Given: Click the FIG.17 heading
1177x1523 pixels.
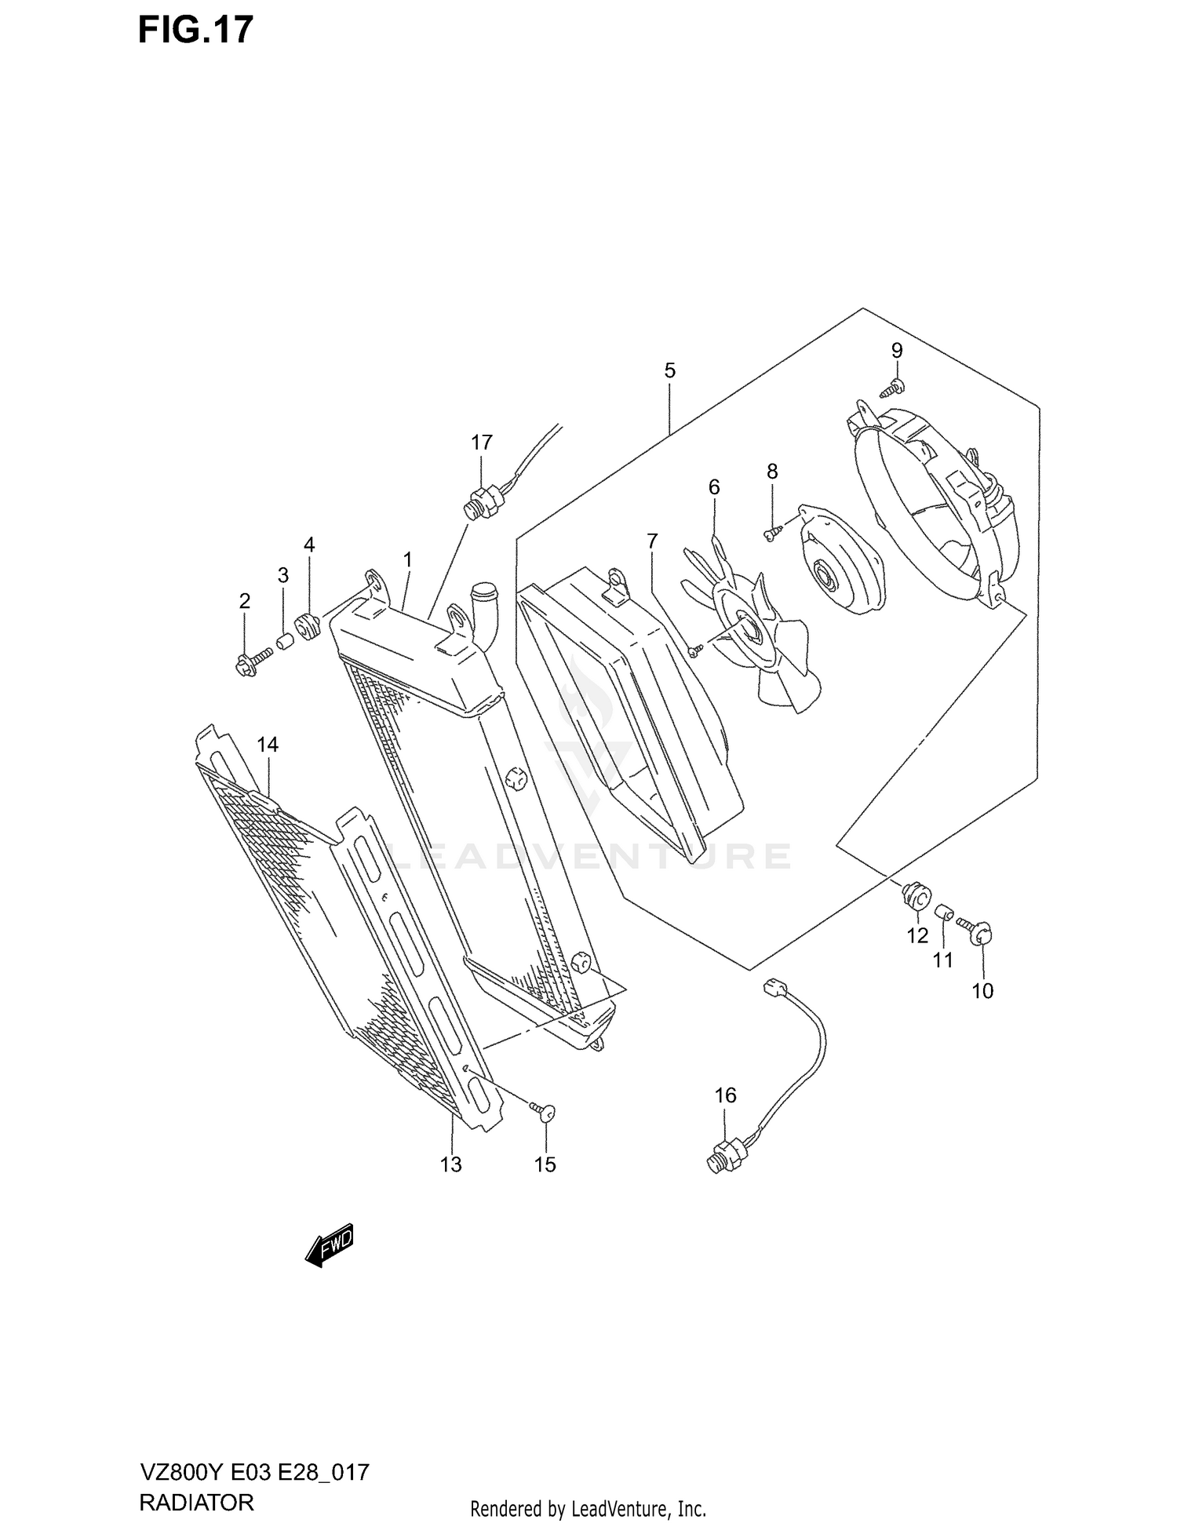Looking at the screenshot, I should (x=195, y=30).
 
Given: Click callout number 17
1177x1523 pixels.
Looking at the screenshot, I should (x=481, y=443).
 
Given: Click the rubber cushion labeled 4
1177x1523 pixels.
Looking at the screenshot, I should (x=306, y=628).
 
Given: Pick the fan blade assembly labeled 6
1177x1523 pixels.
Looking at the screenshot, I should (x=753, y=628).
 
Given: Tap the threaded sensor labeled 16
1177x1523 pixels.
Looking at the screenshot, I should (x=722, y=1160).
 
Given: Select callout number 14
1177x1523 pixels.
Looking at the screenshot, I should (x=268, y=745).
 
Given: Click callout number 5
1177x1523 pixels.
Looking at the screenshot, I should (x=669, y=370).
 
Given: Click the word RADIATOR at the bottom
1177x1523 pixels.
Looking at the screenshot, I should (x=196, y=1502).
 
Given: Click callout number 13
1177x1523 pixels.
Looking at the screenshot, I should (x=451, y=1164).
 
